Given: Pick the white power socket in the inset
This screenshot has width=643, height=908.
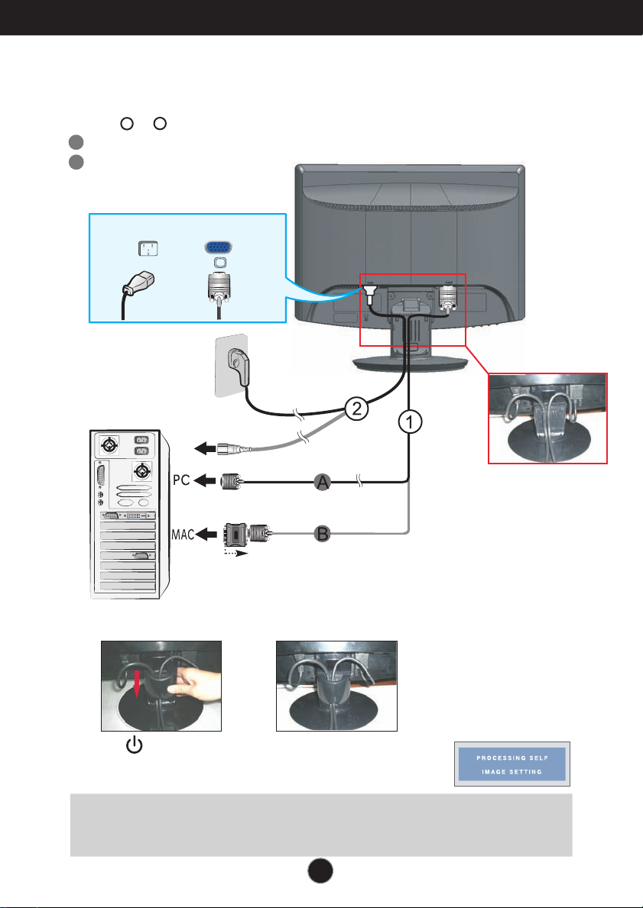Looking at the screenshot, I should (x=145, y=248).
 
